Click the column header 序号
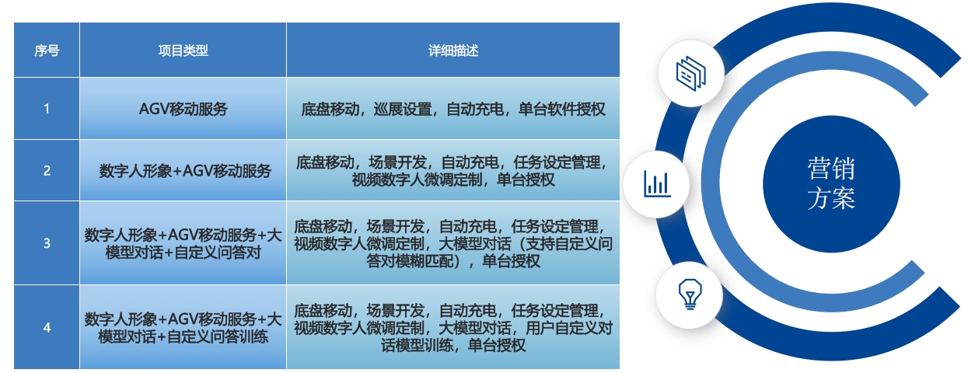(47, 51)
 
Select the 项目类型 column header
(183, 51)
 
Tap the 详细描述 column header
(453, 51)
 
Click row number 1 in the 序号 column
(47, 108)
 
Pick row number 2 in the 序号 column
(47, 170)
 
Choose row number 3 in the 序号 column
(47, 243)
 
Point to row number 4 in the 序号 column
(47, 328)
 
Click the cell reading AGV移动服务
(183, 109)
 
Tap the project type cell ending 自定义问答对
(183, 243)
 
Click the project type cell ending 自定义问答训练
(183, 328)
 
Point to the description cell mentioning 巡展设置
(453, 109)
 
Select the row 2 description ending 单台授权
(453, 171)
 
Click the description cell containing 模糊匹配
(453, 243)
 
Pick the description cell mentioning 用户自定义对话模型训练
(453, 328)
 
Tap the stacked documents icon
(690, 74)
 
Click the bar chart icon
(657, 184)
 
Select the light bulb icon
(690, 295)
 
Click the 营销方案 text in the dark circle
(831, 183)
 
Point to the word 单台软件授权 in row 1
(562, 109)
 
